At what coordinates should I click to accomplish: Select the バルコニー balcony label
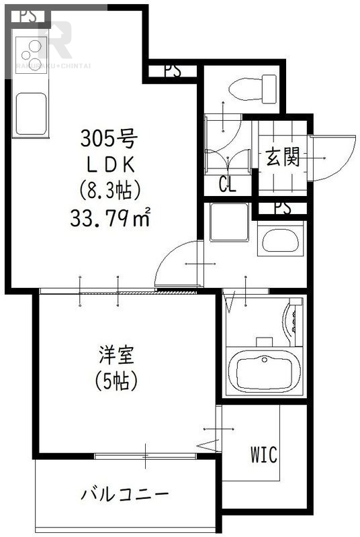pyautogui.click(x=125, y=495)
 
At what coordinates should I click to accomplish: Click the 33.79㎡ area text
pyautogui.click(x=110, y=217)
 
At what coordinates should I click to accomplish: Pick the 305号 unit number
pyautogui.click(x=109, y=139)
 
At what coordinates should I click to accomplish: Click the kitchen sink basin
pyautogui.click(x=31, y=111)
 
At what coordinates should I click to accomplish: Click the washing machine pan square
pyautogui.click(x=230, y=222)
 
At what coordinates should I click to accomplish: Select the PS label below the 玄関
pyautogui.click(x=282, y=208)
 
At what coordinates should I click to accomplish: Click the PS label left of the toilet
pyautogui.click(x=172, y=71)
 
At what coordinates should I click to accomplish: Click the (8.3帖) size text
pyautogui.click(x=109, y=190)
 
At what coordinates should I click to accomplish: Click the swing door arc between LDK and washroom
pyautogui.click(x=176, y=264)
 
